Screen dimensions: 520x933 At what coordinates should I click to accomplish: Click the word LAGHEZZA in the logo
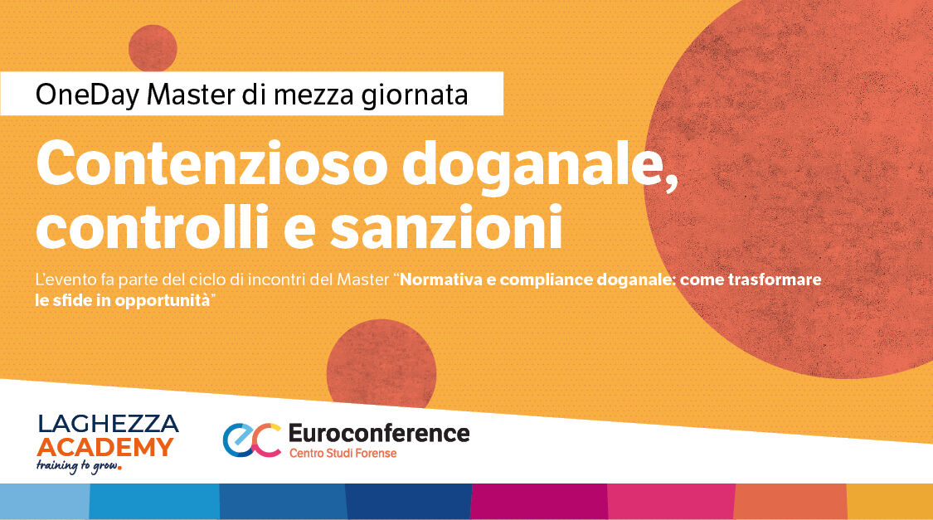point(108,425)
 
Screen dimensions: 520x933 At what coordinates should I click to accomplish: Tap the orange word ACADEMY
point(105,448)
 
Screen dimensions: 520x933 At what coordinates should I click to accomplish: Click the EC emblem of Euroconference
point(251,440)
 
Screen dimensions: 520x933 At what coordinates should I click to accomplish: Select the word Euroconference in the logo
point(378,433)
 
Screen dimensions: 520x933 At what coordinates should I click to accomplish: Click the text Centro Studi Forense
point(342,454)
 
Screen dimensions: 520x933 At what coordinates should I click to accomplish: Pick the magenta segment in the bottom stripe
point(539,501)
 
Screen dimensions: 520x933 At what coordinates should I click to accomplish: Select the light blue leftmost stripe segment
point(44,501)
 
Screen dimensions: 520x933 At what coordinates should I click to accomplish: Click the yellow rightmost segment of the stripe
point(890,501)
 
